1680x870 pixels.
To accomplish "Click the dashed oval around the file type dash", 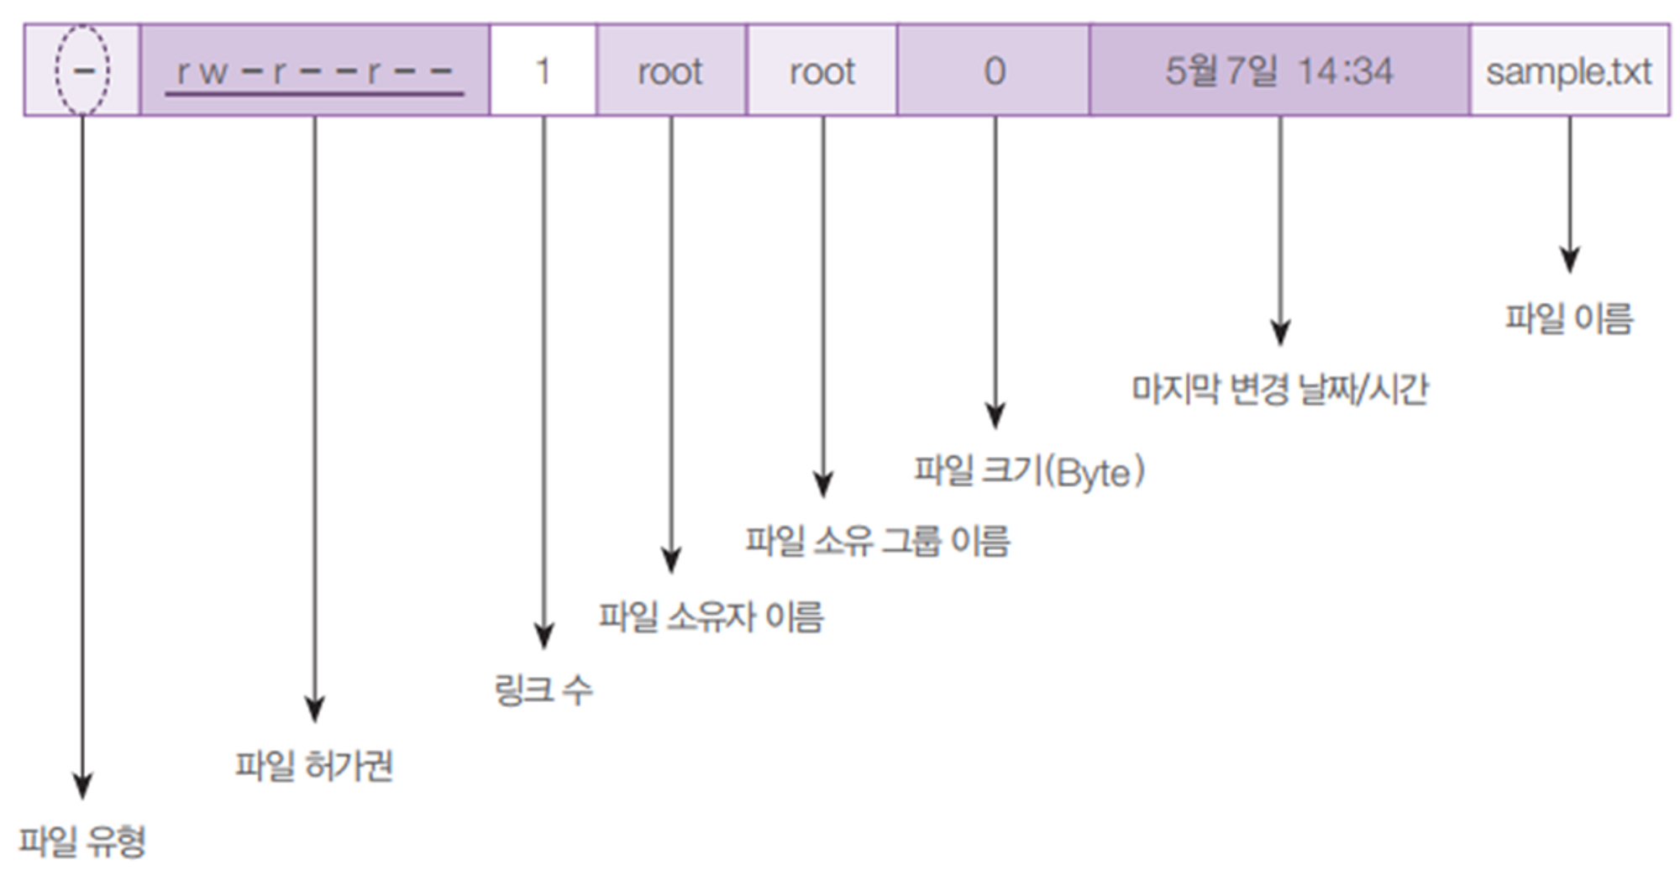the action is pyautogui.click(x=57, y=71).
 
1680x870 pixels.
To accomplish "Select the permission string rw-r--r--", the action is pyautogui.click(x=315, y=72).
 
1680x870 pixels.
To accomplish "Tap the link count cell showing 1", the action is pyautogui.click(x=543, y=71).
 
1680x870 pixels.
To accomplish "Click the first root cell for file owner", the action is pyautogui.click(x=670, y=71).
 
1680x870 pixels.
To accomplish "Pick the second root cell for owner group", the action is pyautogui.click(x=822, y=71).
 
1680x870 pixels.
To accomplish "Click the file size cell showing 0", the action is pyautogui.click(x=995, y=71).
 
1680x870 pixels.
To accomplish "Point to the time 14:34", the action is pyautogui.click(x=1345, y=71).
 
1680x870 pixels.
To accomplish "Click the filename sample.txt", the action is pyautogui.click(x=1569, y=72).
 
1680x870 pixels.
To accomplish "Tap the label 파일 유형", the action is pyautogui.click(x=82, y=841).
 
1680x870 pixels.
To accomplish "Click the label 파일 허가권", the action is pyautogui.click(x=314, y=765).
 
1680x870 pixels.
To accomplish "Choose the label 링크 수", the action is pyautogui.click(x=543, y=690).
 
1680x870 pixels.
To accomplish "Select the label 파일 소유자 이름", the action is pyautogui.click(x=711, y=616).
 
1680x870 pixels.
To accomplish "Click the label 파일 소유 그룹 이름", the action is pyautogui.click(x=878, y=541).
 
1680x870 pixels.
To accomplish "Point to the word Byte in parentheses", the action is pyautogui.click(x=1092, y=473).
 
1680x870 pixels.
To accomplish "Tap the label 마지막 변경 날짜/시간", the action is pyautogui.click(x=1279, y=389).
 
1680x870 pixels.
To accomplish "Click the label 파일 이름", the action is pyautogui.click(x=1569, y=318).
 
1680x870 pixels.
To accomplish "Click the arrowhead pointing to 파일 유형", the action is pyautogui.click(x=82, y=786).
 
